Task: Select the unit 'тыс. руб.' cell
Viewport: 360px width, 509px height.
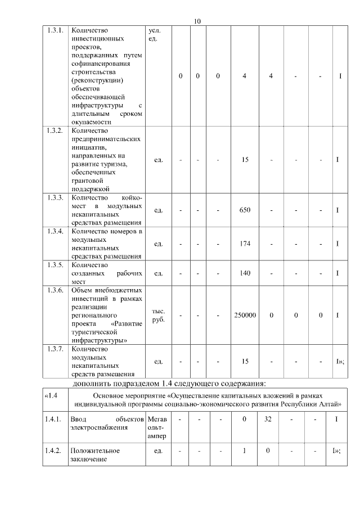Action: coord(158,316)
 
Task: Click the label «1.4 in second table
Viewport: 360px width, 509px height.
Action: coord(52,396)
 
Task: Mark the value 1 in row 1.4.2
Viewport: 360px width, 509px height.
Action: coord(244,451)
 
